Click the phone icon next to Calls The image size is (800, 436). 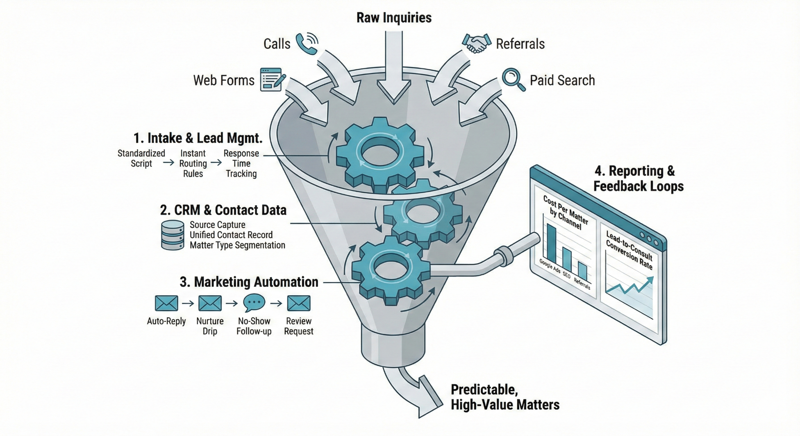pos(307,44)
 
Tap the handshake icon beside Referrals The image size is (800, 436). pos(476,43)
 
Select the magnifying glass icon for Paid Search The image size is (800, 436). pos(513,79)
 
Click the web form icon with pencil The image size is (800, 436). pos(272,80)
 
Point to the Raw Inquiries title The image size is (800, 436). pos(394,17)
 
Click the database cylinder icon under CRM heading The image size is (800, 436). pos(172,235)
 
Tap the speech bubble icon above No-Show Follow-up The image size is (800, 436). pos(254,303)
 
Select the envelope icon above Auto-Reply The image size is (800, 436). pos(166,303)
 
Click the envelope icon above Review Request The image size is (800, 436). pos(299,303)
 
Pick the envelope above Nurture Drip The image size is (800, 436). pos(210,303)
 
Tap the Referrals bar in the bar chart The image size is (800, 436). pos(582,272)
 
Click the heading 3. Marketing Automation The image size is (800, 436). pos(249,282)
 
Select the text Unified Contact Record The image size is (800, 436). pos(231,235)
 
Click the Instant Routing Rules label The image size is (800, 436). pos(193,164)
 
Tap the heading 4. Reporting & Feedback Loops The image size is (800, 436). pos(638,178)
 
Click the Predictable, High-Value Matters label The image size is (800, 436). pos(505,397)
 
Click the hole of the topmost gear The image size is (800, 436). pos(380,153)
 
